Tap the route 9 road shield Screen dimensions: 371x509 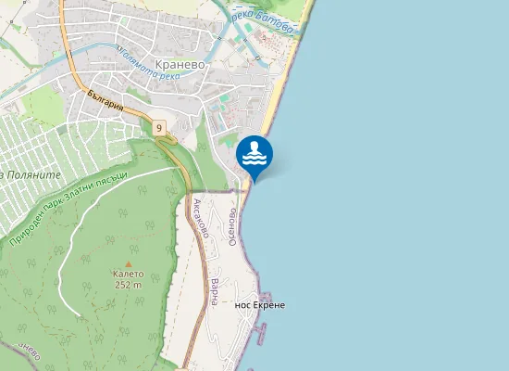coord(159,127)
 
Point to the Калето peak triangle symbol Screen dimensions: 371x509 coord(128,263)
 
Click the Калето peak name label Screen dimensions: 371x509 coord(128,275)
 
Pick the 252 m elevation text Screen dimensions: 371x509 coord(128,286)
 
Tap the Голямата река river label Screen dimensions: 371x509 coord(143,66)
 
